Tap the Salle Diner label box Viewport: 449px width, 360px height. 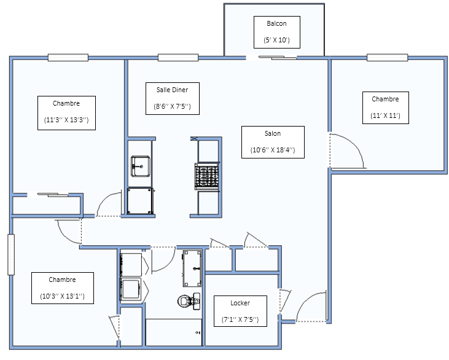coord(173,98)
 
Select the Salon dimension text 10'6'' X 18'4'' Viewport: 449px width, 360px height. coord(273,150)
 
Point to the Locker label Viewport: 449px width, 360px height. coord(240,311)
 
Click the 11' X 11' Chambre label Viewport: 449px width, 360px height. coord(386,108)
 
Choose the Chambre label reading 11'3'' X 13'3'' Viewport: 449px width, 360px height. coord(66,113)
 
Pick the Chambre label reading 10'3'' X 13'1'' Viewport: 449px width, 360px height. coord(63,288)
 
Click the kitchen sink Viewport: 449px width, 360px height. coord(141,166)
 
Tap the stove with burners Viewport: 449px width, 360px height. coord(207,176)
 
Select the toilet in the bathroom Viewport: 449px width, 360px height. coord(189,301)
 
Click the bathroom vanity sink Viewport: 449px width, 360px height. coord(192,268)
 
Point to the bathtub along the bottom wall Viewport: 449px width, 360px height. coord(174,332)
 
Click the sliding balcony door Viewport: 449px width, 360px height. coord(278,58)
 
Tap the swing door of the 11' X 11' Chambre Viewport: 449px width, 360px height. coord(346,151)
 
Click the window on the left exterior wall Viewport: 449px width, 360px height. coord(11,254)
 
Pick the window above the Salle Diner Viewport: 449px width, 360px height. coord(178,57)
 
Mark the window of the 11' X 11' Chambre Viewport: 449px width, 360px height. coord(388,57)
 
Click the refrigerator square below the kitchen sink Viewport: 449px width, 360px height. coord(140,201)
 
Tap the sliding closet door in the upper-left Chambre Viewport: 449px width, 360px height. coord(53,195)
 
